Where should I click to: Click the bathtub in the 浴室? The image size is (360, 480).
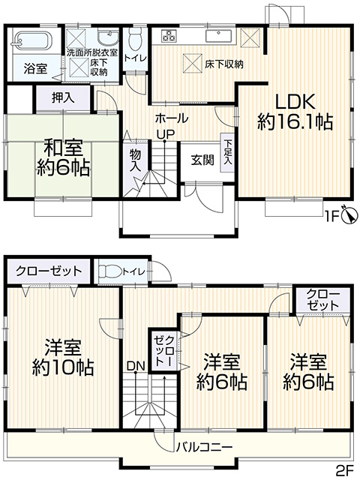32,40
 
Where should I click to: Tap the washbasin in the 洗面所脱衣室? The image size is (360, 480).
108,37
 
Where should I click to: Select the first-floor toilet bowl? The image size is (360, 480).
135,39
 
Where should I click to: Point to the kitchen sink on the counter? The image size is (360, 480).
219,35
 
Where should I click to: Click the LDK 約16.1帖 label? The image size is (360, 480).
295,112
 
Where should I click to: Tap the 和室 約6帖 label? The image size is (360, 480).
63,158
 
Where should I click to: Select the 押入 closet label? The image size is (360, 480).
63,98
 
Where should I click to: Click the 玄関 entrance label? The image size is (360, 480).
202,160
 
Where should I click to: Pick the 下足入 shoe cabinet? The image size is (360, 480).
227,152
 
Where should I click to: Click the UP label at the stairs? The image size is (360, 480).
165,133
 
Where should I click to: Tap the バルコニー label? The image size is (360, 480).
204,448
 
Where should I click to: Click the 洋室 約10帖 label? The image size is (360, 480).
63,357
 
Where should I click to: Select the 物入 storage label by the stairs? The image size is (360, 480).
135,160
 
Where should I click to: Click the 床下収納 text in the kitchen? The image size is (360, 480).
223,64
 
